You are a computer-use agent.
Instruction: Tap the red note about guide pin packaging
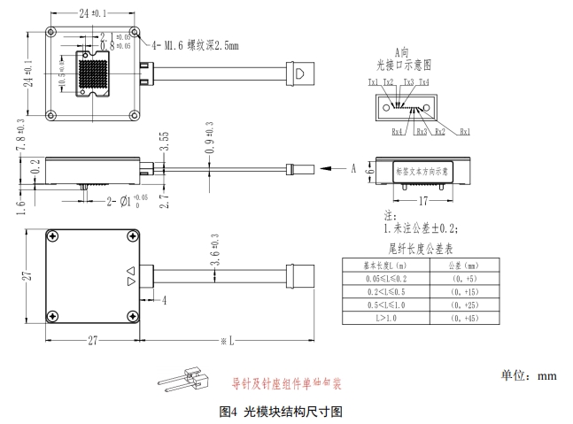[286, 384]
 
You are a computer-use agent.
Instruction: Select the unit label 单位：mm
[530, 375]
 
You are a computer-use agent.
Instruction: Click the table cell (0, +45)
[463, 317]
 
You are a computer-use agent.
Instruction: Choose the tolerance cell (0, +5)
[463, 277]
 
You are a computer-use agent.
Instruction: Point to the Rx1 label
[464, 131]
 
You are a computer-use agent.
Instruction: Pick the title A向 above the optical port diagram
[399, 54]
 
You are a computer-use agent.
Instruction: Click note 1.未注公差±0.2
[419, 228]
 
